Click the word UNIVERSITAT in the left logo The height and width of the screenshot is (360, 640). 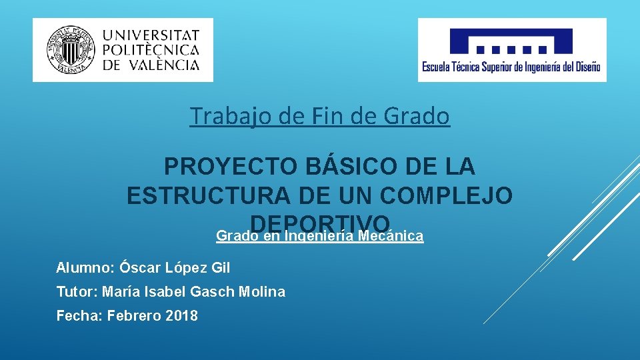151,35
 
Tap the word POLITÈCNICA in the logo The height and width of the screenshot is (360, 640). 151,50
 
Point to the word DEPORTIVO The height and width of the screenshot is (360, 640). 319,223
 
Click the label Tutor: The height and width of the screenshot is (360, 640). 77,292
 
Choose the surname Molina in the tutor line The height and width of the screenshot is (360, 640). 263,292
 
